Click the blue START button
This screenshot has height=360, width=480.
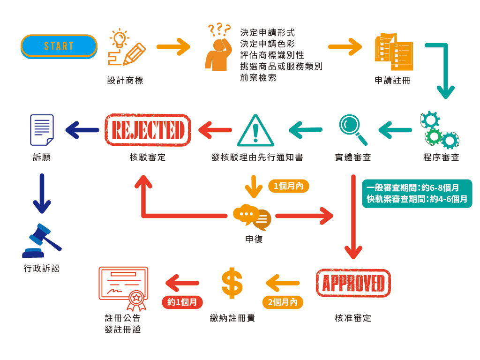[x=59, y=46]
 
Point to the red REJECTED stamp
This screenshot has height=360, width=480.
[x=148, y=129]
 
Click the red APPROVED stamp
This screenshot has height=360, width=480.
[x=353, y=283]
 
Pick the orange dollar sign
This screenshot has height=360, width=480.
[x=232, y=283]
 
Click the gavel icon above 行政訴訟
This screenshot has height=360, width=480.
[x=41, y=241]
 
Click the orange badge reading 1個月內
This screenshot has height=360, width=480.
[x=289, y=186]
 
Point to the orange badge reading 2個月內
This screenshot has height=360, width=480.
[x=283, y=302]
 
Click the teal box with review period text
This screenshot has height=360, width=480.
[x=417, y=193]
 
